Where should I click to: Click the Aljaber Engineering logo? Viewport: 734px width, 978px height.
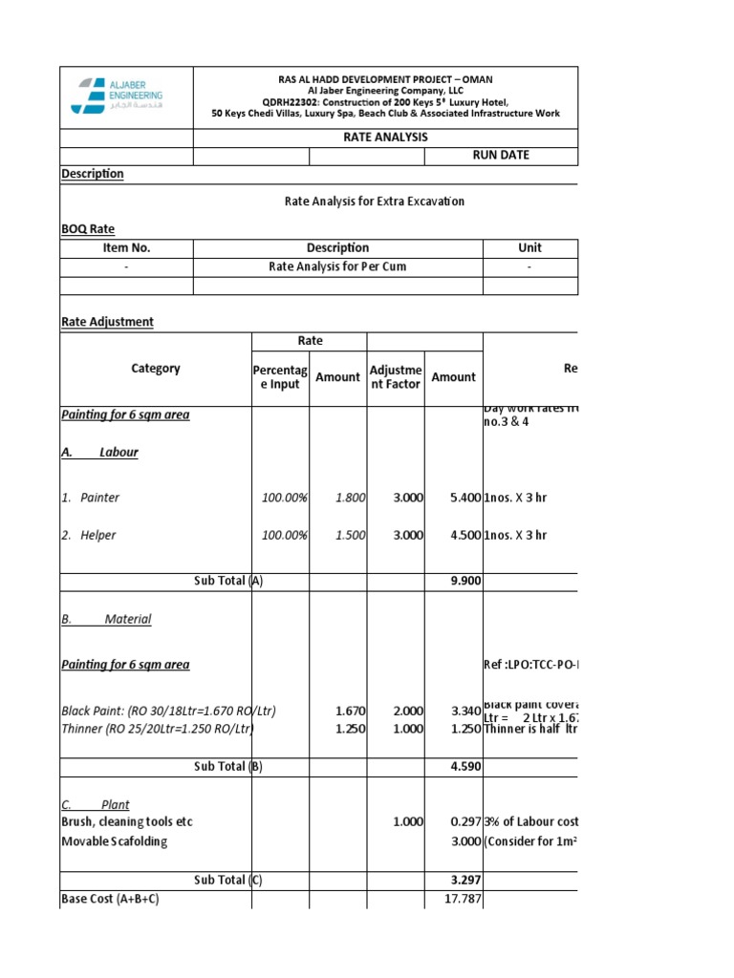coord(118,96)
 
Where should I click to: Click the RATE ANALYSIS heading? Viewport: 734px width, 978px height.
coord(385,137)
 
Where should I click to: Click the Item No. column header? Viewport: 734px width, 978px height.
coord(126,247)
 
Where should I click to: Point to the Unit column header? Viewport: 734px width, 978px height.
coord(529,247)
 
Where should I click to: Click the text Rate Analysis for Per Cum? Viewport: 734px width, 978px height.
coord(337,266)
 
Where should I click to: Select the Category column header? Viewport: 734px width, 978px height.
coord(155,368)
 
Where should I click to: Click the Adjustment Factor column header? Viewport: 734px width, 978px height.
coord(395,377)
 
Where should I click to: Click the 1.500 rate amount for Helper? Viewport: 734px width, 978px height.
coord(351,535)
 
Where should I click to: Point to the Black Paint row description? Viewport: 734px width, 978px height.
coord(155,711)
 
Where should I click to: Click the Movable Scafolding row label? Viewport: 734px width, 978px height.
coord(114,840)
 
